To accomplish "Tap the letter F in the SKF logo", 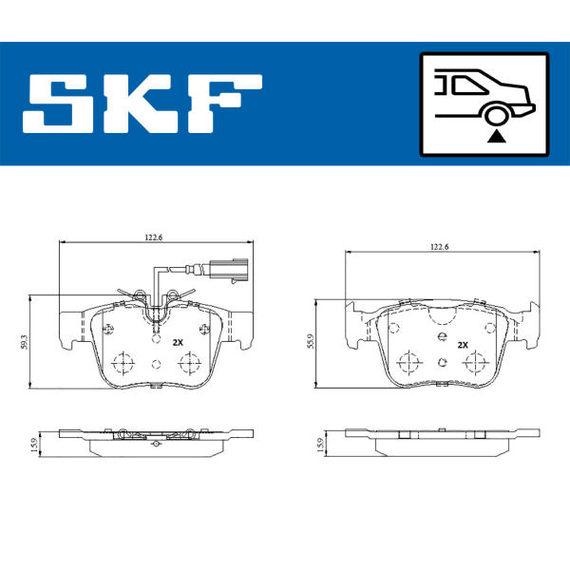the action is coord(224,104).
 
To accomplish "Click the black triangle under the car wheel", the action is coord(496,137).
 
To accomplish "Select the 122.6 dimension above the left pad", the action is coord(154,237).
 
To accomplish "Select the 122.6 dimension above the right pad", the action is coord(440,247).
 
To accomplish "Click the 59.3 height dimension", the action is coord(24,342).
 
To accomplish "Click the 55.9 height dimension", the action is coord(310,341).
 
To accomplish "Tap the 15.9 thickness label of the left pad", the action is coord(34,445).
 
